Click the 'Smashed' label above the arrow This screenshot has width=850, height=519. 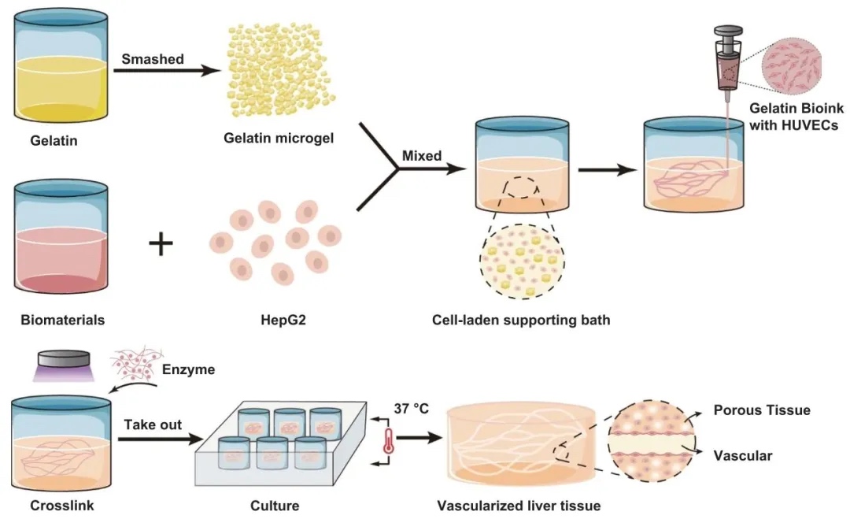(x=153, y=58)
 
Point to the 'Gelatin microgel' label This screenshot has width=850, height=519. (x=279, y=139)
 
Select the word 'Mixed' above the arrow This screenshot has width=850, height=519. (x=423, y=155)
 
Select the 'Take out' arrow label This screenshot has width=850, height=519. (x=153, y=424)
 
